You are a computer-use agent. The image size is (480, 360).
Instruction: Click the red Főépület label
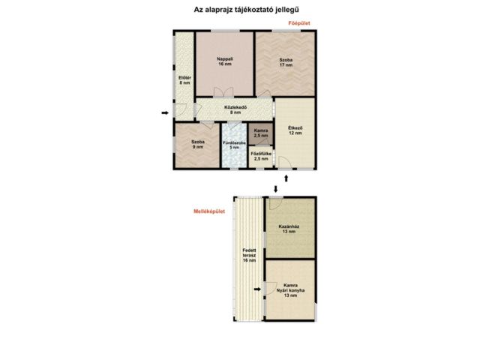tap(299, 23)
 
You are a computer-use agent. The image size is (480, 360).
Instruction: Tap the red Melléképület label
tap(209, 211)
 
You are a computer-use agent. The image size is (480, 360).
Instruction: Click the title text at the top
tap(247, 10)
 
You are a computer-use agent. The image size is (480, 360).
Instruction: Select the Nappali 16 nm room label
tap(225, 61)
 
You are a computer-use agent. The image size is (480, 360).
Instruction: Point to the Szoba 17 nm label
tap(286, 62)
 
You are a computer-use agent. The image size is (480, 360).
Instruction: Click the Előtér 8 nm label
tap(185, 80)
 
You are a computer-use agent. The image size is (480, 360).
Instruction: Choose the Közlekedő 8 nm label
tap(235, 110)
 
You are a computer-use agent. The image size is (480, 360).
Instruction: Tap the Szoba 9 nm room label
tap(198, 145)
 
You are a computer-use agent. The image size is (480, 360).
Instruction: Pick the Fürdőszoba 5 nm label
tap(234, 145)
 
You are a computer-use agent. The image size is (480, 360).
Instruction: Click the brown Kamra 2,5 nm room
tap(261, 133)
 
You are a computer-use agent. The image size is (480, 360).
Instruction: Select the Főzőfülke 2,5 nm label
tap(261, 156)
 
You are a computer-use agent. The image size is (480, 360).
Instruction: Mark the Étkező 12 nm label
tap(295, 130)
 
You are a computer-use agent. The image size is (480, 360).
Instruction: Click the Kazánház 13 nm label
tap(289, 229)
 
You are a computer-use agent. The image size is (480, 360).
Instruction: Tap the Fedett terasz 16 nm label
tap(249, 255)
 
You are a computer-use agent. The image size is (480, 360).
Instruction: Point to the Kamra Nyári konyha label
tap(290, 290)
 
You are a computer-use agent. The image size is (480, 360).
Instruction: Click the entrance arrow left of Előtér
tap(165, 113)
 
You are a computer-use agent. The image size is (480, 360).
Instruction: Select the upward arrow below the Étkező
tap(286, 178)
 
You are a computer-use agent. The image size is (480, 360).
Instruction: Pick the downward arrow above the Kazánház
tap(276, 189)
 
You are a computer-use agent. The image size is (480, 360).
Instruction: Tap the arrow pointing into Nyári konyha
tap(257, 289)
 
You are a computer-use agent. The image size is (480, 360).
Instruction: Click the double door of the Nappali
tap(223, 91)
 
